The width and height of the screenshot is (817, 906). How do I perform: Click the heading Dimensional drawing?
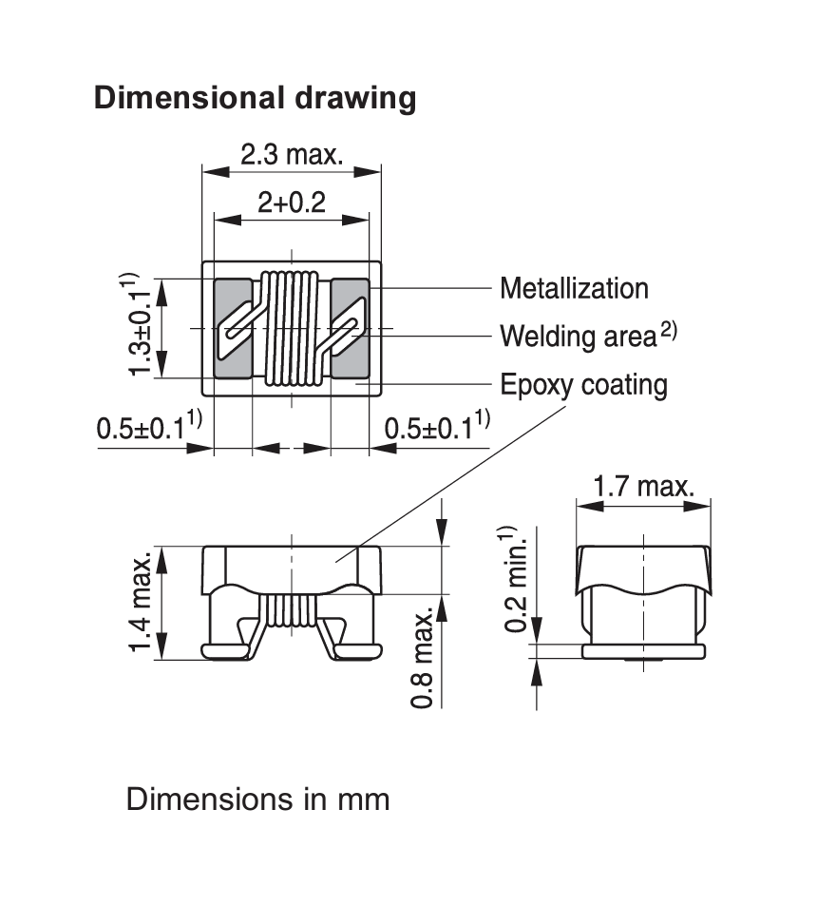[x=255, y=98]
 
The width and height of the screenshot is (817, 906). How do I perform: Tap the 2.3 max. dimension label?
[x=292, y=154]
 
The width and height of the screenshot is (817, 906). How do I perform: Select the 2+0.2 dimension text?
[x=291, y=202]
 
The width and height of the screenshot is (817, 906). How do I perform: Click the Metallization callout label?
[x=574, y=288]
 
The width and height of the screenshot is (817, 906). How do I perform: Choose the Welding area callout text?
[x=588, y=336]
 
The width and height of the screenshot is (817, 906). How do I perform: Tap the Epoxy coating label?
[x=583, y=385]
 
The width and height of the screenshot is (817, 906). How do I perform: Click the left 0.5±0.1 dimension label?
[x=149, y=427]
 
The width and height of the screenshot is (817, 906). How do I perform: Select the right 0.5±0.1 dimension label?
[x=437, y=427]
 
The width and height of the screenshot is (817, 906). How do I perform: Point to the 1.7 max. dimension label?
[x=644, y=486]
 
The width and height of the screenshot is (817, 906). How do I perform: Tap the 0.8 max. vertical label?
[x=422, y=658]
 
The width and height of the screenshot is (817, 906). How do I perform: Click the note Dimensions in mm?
[x=257, y=800]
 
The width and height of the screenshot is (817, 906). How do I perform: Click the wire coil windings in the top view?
[x=291, y=328]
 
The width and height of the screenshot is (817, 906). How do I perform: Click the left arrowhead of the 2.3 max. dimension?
[x=215, y=172]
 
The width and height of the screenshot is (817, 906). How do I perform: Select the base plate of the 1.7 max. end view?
[x=644, y=652]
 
